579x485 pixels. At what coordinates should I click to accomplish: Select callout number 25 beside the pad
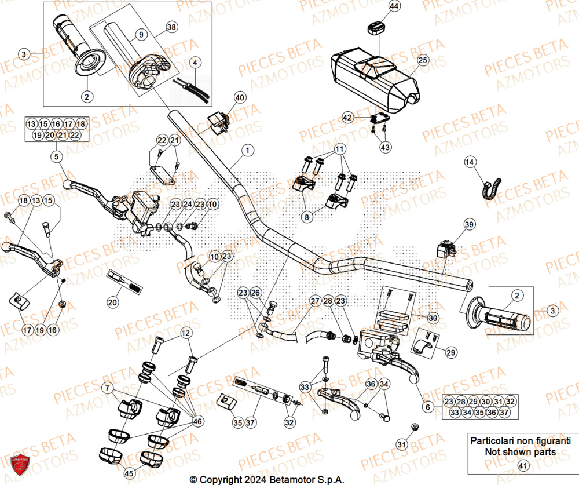pyautogui.click(x=422, y=60)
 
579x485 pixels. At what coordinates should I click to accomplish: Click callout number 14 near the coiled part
pyautogui.click(x=470, y=163)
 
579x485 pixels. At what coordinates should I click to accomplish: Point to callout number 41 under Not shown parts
pyautogui.click(x=522, y=465)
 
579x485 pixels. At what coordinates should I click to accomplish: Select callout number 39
pyautogui.click(x=469, y=224)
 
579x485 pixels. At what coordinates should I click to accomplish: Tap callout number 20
pyautogui.click(x=113, y=302)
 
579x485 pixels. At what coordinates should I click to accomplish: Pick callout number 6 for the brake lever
pyautogui.click(x=428, y=407)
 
